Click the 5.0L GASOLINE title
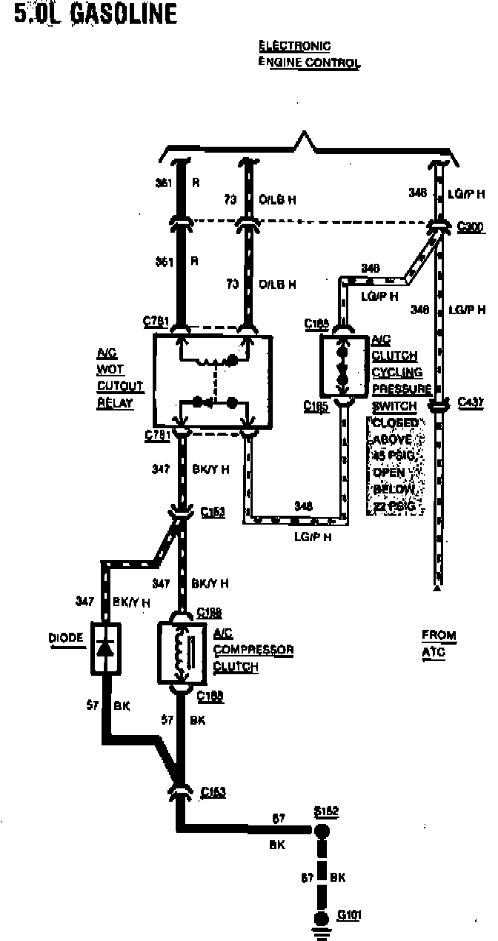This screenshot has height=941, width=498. pos(96,14)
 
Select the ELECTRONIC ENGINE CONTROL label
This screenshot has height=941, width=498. pos(308,55)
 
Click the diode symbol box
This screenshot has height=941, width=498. pos(106,648)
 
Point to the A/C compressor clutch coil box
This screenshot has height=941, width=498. pos(182,652)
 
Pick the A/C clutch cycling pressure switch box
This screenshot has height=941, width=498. pos(344,366)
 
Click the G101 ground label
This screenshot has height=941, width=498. pos(349,915)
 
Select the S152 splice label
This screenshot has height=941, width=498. pos(326,811)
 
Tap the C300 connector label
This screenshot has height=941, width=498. pos(471,227)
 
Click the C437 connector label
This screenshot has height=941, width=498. pos(471,402)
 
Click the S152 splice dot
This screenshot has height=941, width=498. pos(322,831)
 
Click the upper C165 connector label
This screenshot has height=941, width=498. pos(316,324)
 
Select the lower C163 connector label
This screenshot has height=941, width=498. pos(213,792)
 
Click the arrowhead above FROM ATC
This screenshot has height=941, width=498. pos(439,589)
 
